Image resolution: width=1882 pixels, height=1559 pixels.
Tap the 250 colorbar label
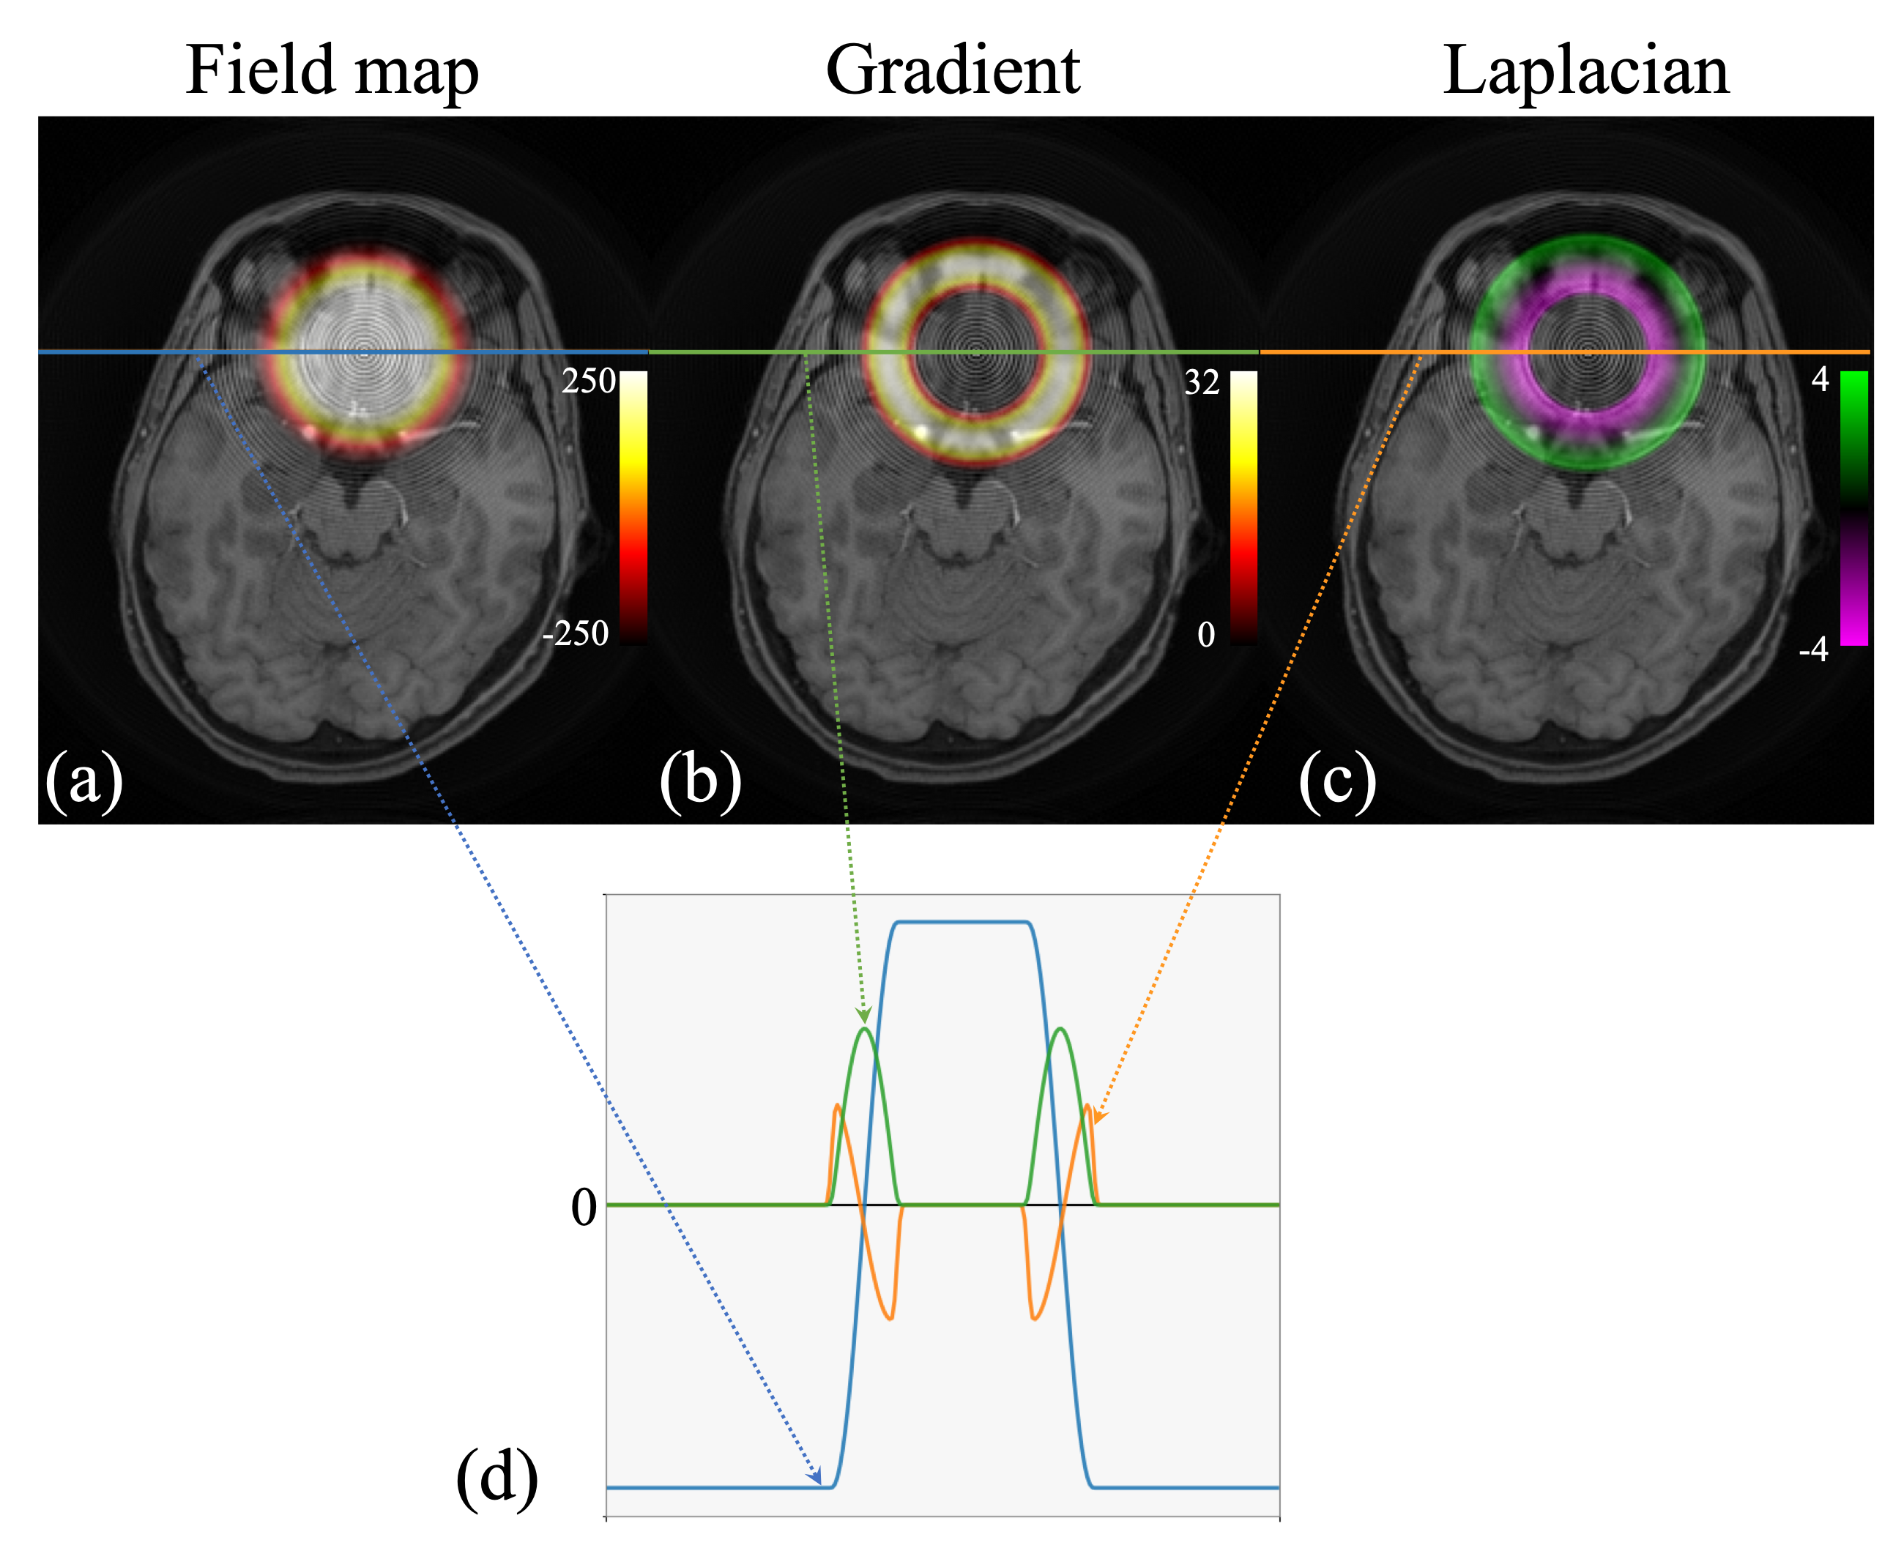(x=588, y=382)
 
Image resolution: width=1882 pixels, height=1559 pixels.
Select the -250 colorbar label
(x=576, y=633)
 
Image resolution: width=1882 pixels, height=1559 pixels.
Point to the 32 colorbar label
(x=1202, y=382)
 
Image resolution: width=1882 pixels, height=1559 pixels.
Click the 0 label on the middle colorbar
(x=1206, y=636)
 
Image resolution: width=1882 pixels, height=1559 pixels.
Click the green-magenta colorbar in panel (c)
(x=1853, y=508)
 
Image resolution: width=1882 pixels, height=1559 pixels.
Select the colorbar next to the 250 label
(x=633, y=508)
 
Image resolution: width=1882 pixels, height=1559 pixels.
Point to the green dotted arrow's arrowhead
(x=864, y=1016)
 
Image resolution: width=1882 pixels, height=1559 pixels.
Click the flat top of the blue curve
(x=962, y=922)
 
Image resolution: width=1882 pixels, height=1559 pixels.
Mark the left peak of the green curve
(x=865, y=1030)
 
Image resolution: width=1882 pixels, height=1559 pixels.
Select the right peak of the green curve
(x=1060, y=1030)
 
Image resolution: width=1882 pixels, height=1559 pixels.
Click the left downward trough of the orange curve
(x=890, y=1318)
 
